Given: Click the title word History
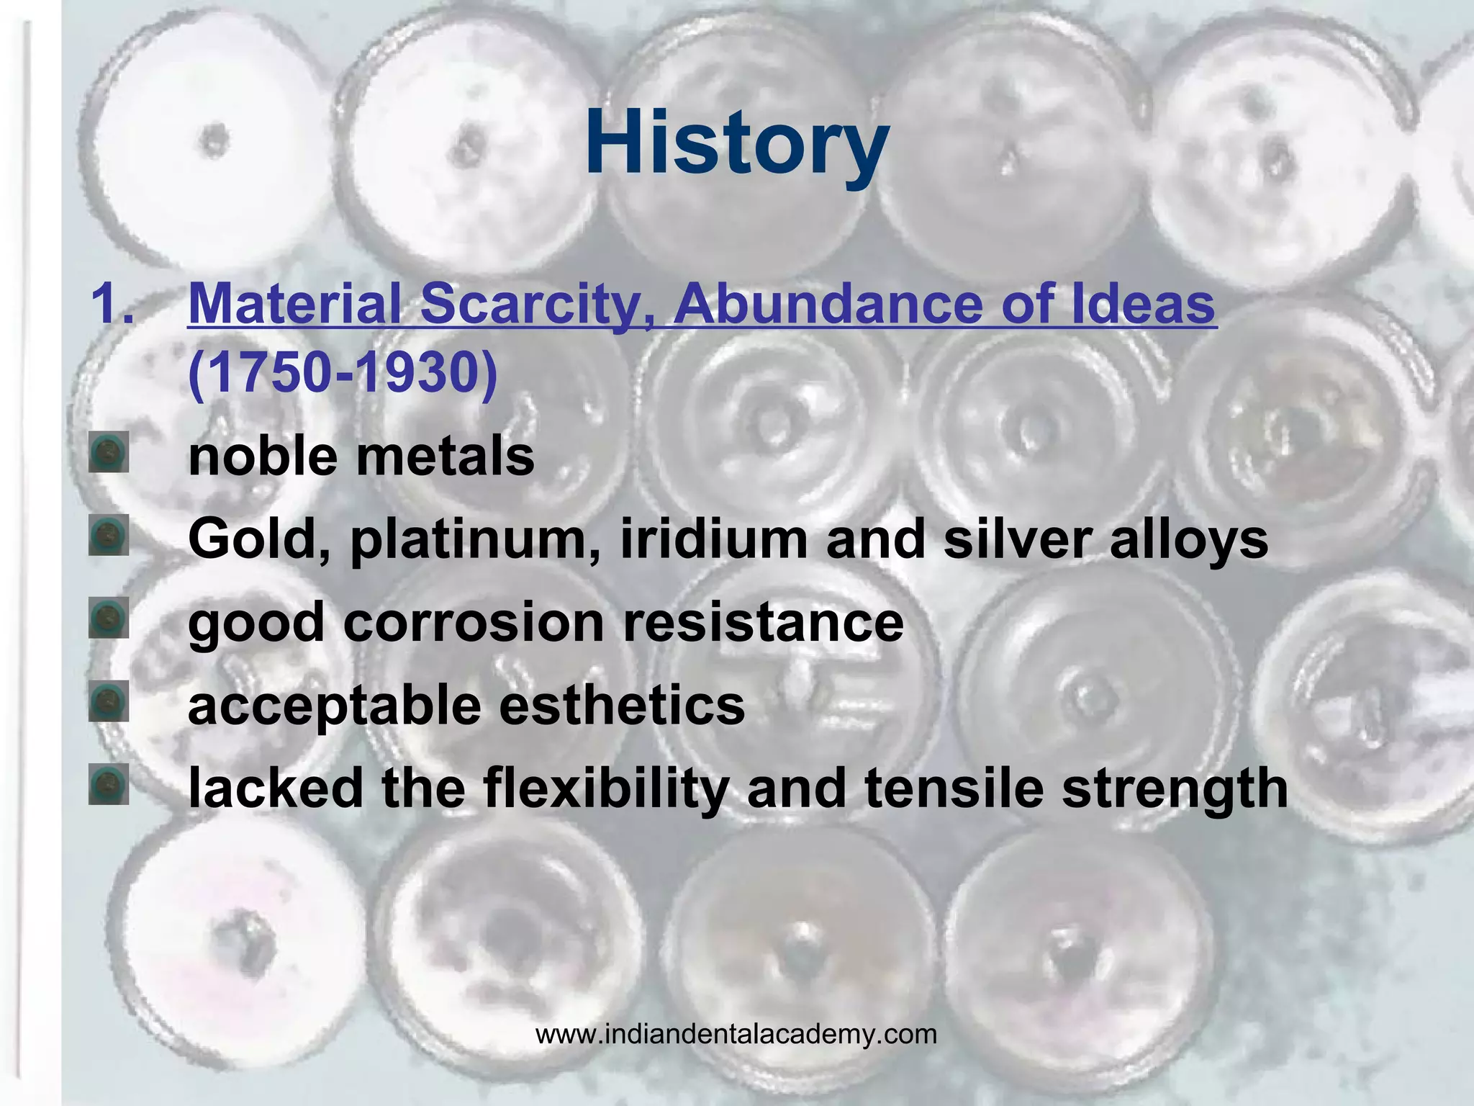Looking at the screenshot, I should (736, 144).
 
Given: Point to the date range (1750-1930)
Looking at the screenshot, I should (343, 374).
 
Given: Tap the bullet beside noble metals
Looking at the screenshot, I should (109, 452).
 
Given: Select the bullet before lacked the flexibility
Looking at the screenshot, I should (109, 784).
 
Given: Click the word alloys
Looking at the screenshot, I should (1188, 539).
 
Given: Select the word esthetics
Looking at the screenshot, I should (622, 706).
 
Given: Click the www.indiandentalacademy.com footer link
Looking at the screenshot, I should (736, 1035).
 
